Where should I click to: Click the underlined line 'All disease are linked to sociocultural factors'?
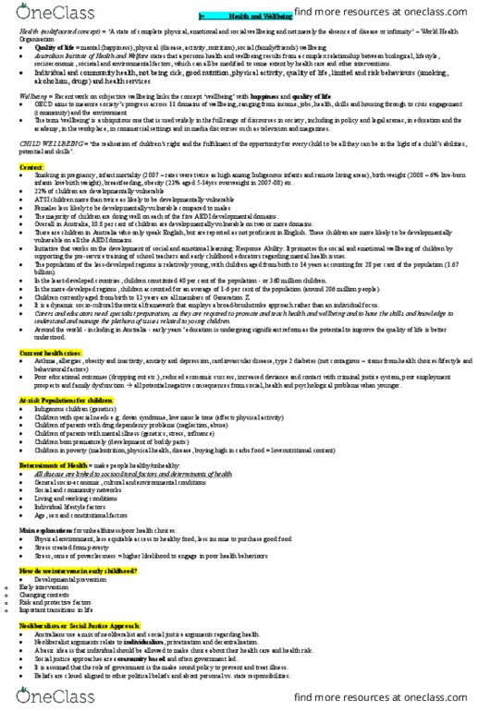111,474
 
